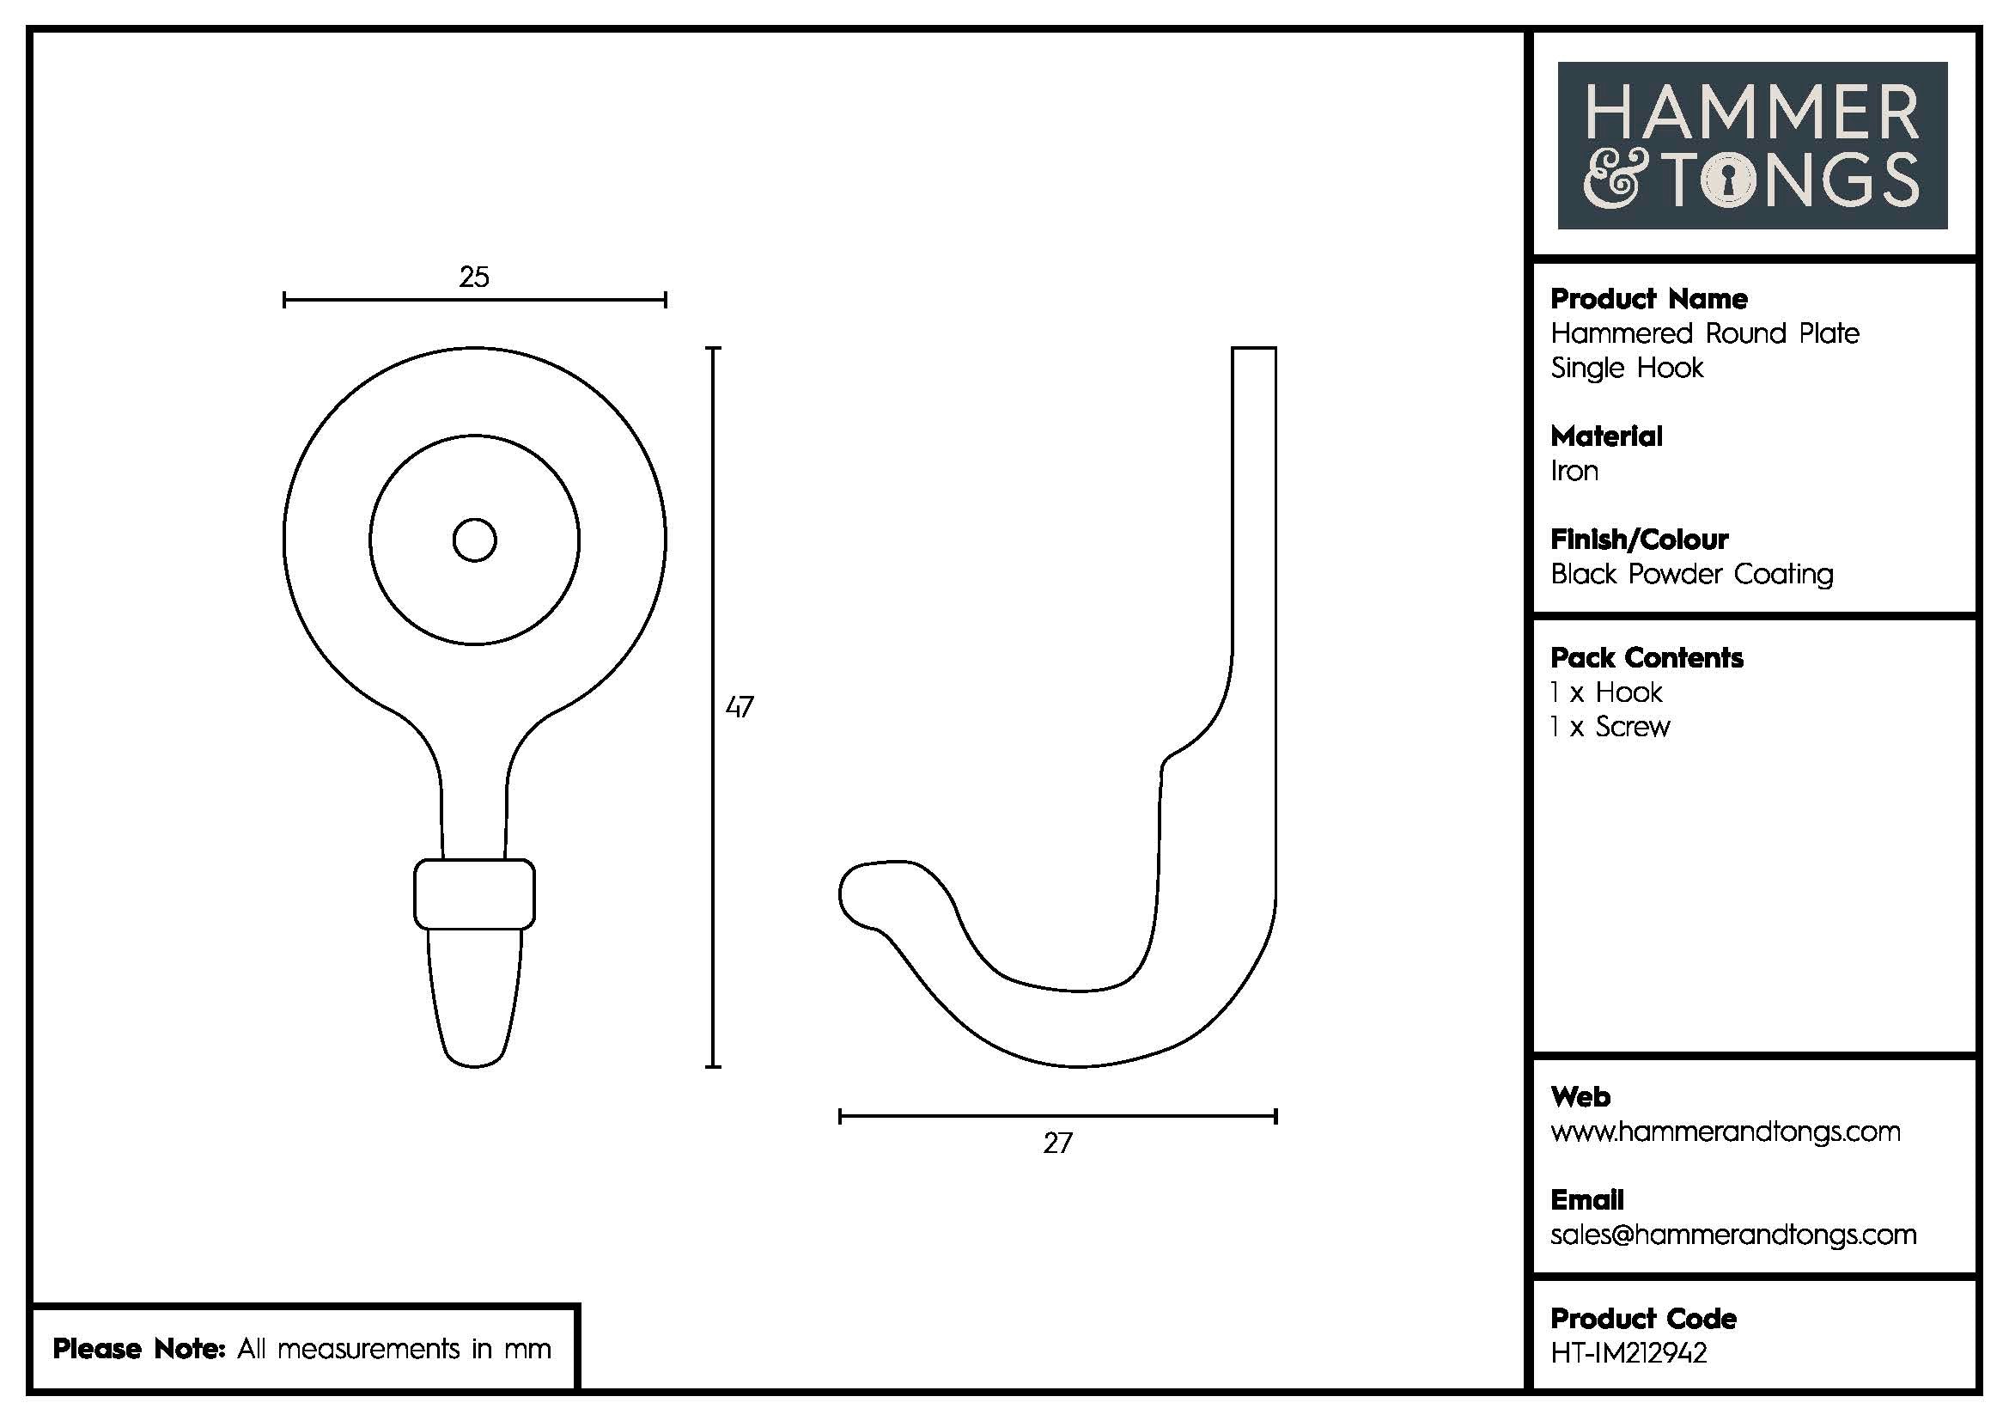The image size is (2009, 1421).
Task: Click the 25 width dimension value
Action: coord(474,277)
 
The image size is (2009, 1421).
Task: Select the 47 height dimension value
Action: coord(740,706)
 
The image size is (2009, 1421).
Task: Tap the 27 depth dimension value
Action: coord(1057,1143)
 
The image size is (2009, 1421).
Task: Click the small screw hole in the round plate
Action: coord(474,540)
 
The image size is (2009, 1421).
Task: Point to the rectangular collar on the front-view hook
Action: coord(474,893)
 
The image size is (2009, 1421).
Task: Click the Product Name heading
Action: coord(1648,299)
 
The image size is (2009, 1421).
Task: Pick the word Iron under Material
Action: coord(1574,472)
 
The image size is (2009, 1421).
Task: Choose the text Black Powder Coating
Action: coord(1691,574)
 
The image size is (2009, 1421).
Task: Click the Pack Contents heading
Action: coord(1647,658)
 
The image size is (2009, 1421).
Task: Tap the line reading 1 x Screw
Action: coord(1610,727)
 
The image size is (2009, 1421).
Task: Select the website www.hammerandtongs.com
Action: coord(1725,1131)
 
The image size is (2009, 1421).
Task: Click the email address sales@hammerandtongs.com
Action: coord(1733,1235)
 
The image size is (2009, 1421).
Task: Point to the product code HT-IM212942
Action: coord(1629,1353)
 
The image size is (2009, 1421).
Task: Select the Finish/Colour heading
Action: coord(1639,539)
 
